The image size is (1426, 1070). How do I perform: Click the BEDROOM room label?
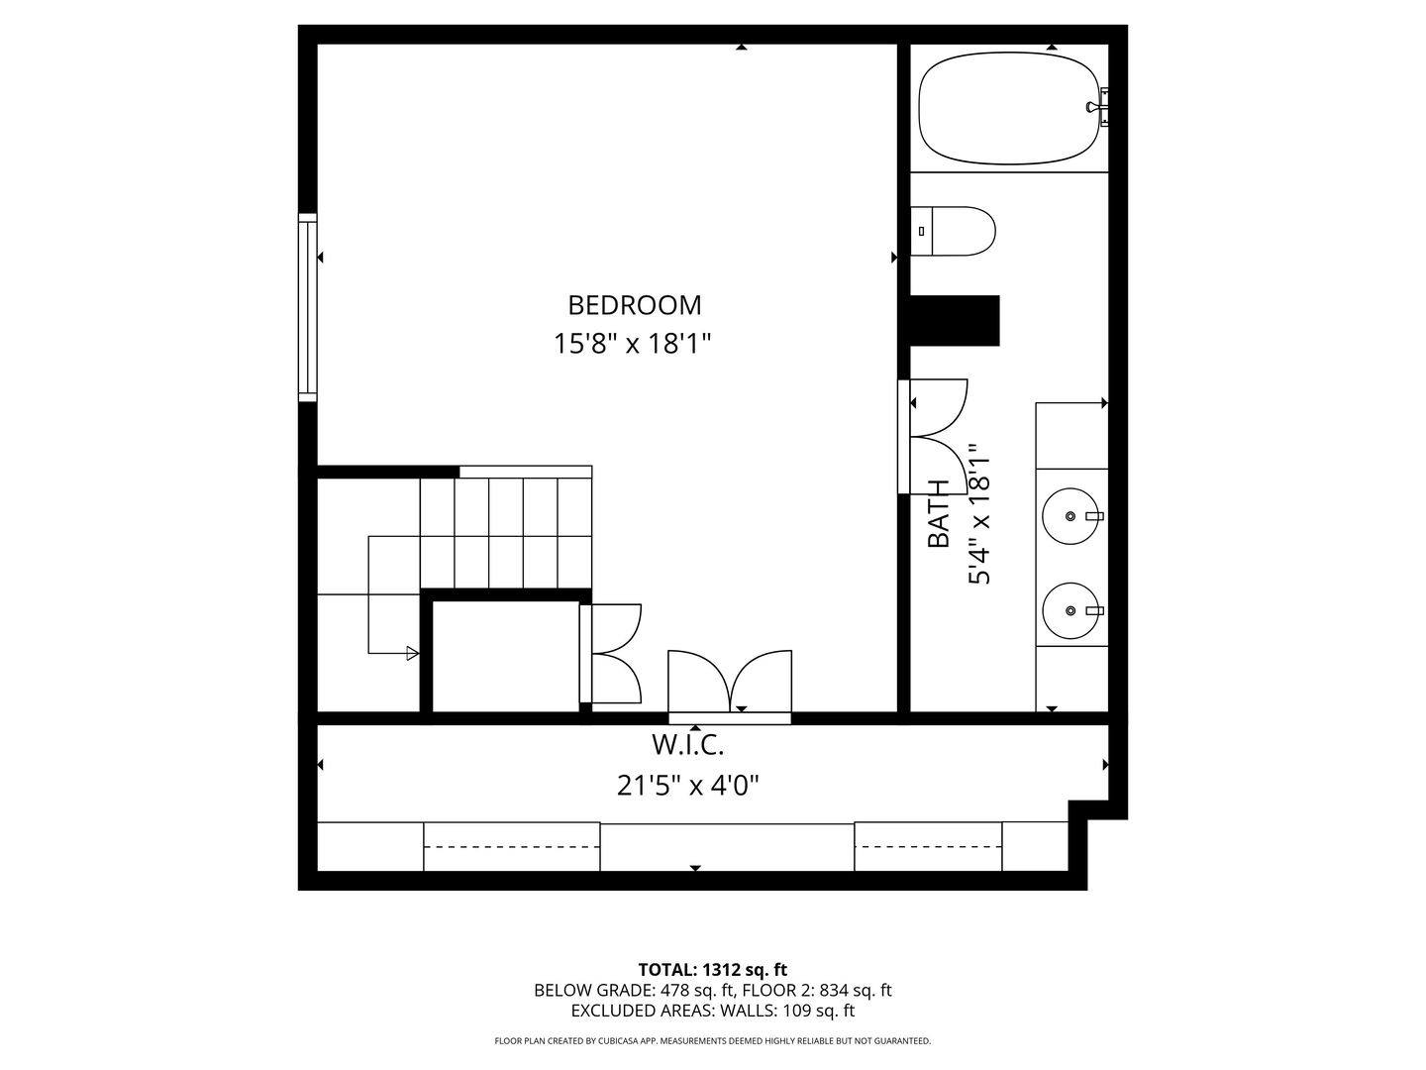coord(634,304)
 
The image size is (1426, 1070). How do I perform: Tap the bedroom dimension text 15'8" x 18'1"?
coord(633,344)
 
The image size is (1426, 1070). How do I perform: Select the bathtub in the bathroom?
coord(1008,108)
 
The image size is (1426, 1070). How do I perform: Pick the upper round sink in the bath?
coord(1070,516)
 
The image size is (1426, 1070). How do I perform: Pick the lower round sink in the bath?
coord(1070,610)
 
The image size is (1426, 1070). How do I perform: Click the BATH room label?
coord(938,513)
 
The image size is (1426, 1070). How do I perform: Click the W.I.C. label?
coord(687,744)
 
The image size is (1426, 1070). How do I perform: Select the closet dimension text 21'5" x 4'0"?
coord(687,786)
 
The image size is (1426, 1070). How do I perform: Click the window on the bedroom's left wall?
coord(308,307)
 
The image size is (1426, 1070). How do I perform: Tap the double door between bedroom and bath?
coord(933,436)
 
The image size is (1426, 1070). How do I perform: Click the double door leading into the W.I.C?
coord(730,684)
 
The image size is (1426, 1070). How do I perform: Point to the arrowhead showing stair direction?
coord(412,653)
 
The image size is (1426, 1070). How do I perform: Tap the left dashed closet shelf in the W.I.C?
coord(511,847)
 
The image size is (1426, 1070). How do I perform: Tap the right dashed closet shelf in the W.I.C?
coord(928,847)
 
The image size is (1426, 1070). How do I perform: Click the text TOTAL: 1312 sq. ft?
coord(712,969)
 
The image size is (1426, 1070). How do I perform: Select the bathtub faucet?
coord(1099,107)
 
